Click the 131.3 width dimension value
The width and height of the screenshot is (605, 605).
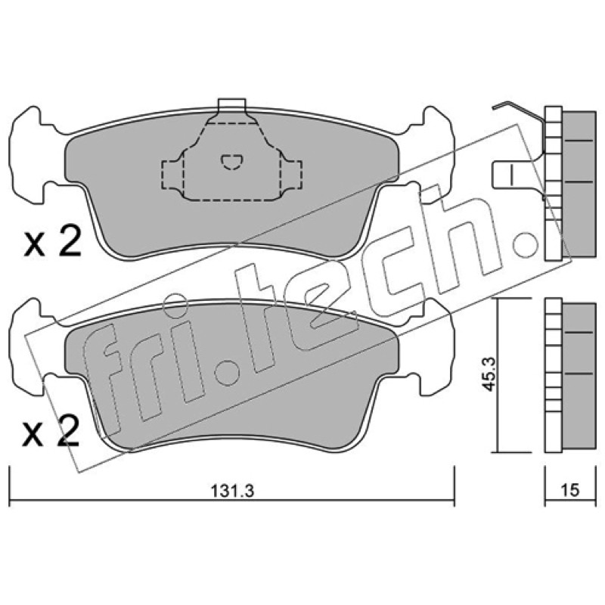pyautogui.click(x=232, y=491)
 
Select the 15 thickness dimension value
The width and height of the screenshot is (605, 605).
pyautogui.click(x=570, y=490)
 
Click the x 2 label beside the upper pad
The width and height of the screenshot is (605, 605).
pyautogui.click(x=52, y=241)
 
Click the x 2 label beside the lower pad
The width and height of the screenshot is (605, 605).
pyautogui.click(x=51, y=432)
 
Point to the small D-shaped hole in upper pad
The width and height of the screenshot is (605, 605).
pyautogui.click(x=231, y=162)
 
